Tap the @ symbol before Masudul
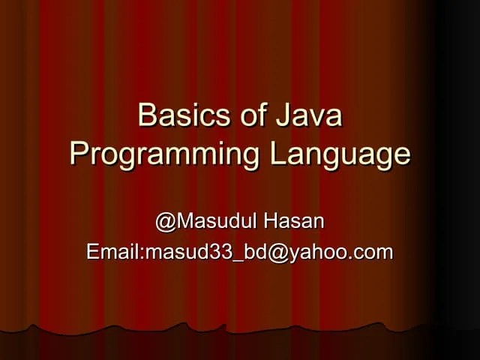(x=165, y=222)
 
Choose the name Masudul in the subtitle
(x=217, y=222)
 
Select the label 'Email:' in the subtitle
(x=115, y=252)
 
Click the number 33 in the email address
(x=220, y=252)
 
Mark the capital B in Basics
(x=147, y=117)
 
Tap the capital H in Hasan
(x=272, y=222)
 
